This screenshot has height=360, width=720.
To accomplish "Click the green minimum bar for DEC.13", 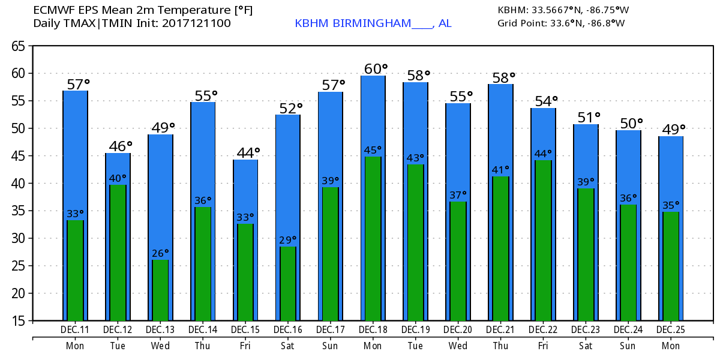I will [x=160, y=290].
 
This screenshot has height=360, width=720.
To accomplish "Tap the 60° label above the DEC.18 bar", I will [x=376, y=69].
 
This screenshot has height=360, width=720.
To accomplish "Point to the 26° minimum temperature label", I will [x=160, y=253].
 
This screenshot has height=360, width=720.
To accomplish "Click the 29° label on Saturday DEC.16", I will [x=288, y=240].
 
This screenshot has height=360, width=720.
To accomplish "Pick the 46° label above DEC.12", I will [x=120, y=146].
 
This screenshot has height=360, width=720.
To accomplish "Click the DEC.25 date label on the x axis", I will [x=671, y=329].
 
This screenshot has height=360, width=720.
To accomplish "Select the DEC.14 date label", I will [x=203, y=329].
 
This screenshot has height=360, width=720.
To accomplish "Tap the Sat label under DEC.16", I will [x=288, y=346].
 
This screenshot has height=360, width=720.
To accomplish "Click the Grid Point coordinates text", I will [x=561, y=23].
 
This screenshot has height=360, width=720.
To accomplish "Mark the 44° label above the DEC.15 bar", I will [x=248, y=153].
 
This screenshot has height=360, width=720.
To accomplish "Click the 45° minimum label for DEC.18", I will [x=373, y=150].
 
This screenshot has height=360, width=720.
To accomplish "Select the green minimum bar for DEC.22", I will [x=544, y=241].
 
